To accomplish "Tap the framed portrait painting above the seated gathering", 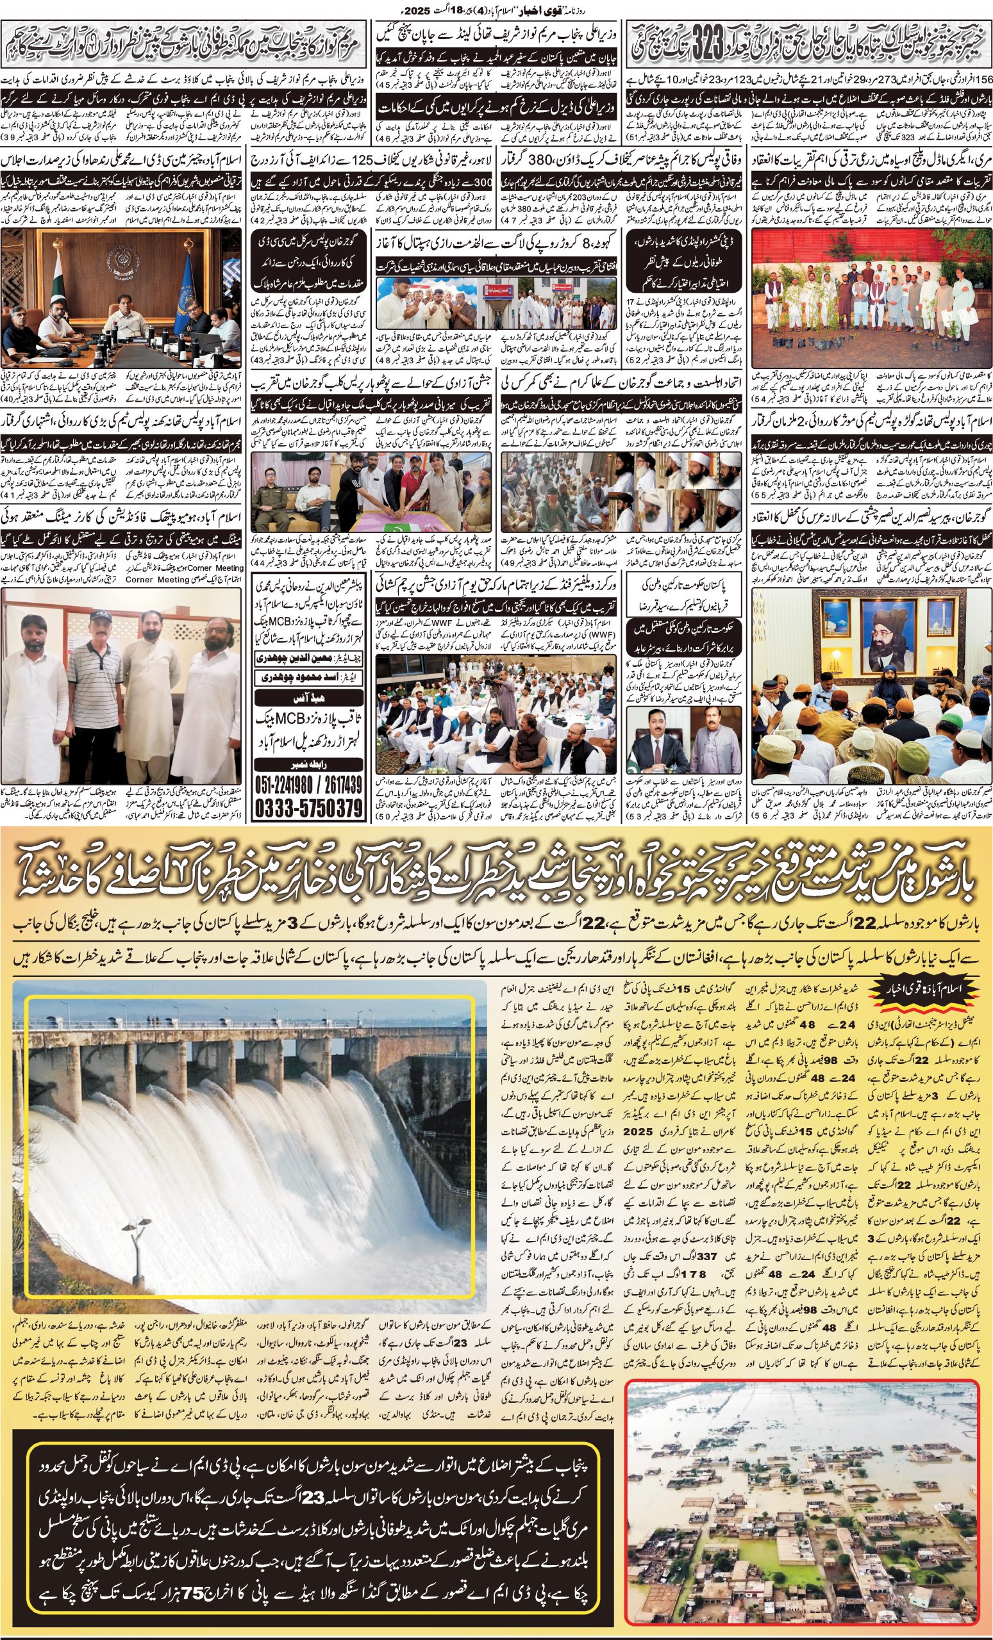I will [874, 627].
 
